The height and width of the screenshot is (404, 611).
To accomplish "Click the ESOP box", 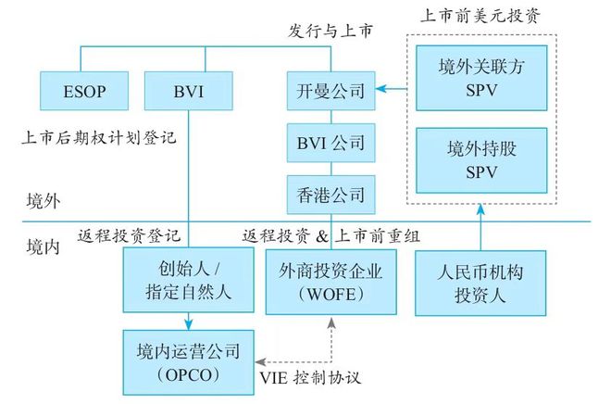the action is (x=84, y=91).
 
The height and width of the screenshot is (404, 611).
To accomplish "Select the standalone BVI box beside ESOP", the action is (x=189, y=91).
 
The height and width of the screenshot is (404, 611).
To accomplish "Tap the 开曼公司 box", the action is (x=331, y=91).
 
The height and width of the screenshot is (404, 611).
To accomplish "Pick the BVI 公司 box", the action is (x=331, y=143).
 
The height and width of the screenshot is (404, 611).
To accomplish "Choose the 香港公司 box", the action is (x=331, y=195).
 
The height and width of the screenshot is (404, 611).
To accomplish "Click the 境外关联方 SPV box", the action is (x=481, y=78).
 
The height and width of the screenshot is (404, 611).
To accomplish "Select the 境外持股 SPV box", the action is (x=481, y=160).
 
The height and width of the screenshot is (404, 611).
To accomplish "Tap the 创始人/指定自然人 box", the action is (x=189, y=280).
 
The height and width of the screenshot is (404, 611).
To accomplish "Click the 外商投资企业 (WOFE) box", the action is (x=331, y=282).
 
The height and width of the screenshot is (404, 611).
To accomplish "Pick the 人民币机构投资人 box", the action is (x=480, y=284).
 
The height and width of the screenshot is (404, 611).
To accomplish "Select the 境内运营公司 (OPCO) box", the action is (x=189, y=362).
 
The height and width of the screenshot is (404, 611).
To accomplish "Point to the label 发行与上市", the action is (x=330, y=31).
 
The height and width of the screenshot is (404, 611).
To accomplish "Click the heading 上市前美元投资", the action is (x=480, y=16).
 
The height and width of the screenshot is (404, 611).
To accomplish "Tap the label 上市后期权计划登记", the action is (x=99, y=138).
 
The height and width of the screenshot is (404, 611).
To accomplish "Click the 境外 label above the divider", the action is (x=44, y=201).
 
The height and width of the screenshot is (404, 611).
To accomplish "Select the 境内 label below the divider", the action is (x=44, y=246).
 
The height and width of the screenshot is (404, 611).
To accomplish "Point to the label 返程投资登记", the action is (x=129, y=235).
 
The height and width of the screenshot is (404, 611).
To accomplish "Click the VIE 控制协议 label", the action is (x=310, y=377).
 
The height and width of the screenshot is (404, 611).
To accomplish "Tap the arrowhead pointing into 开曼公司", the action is (x=381, y=89).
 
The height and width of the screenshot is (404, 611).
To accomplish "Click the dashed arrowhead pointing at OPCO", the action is (x=261, y=362).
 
